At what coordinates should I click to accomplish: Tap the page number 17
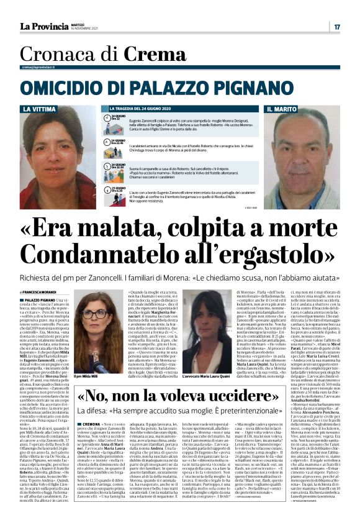(337, 27)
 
